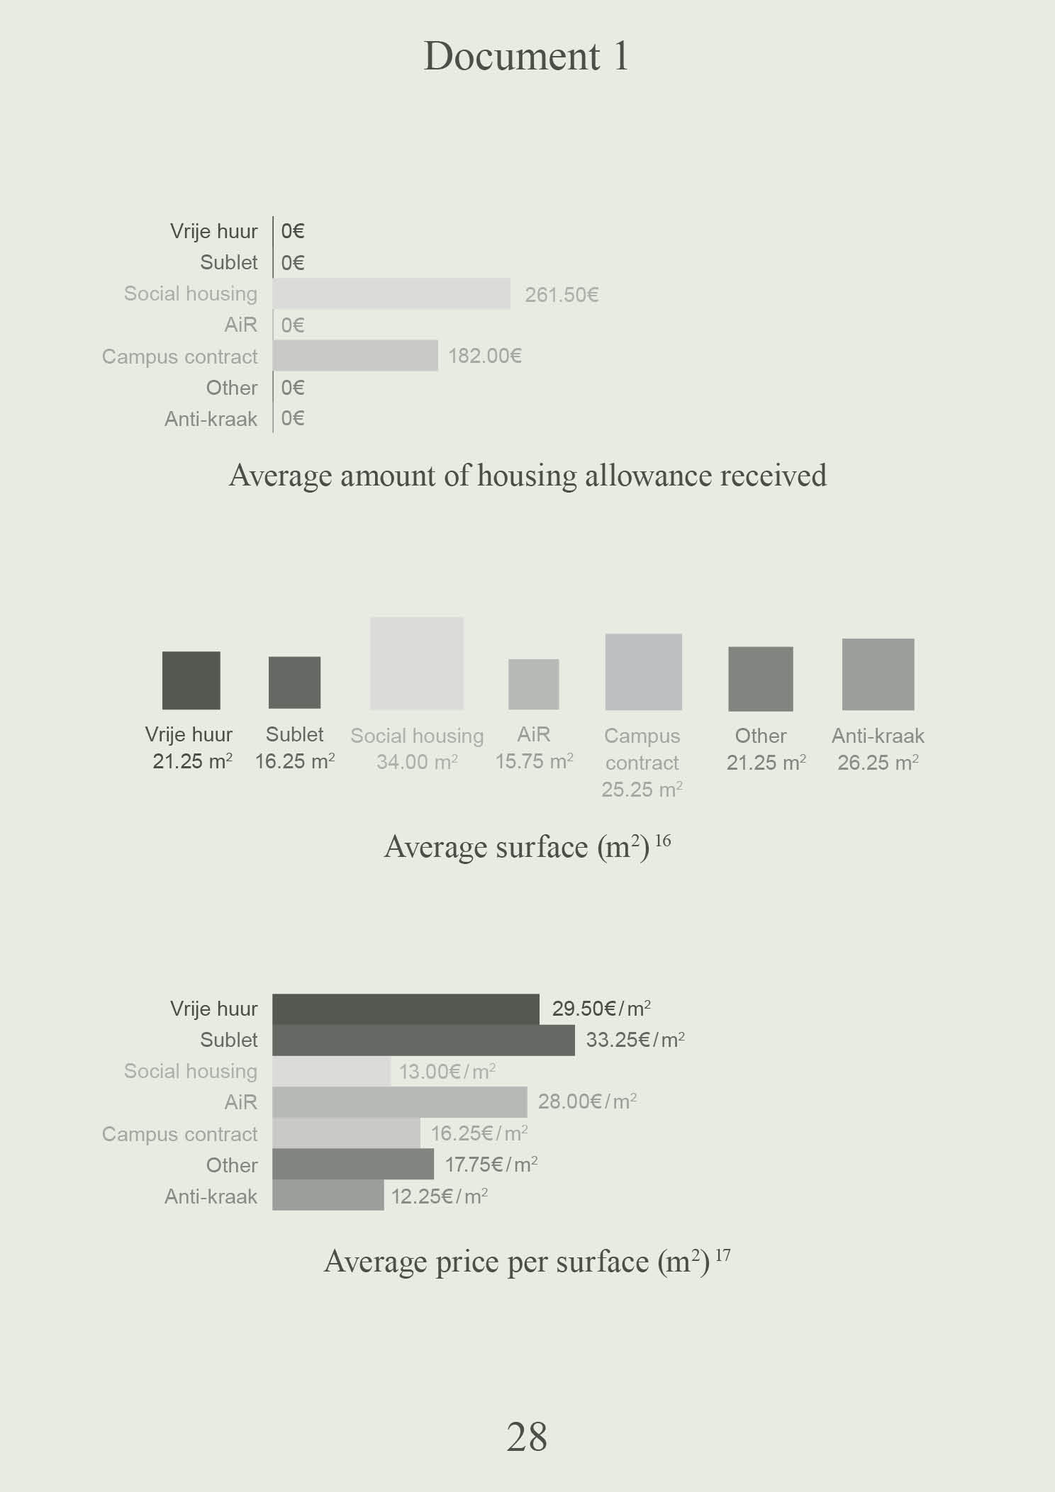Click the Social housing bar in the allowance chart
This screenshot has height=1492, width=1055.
[x=391, y=293]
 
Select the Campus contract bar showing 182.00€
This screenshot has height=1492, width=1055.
[x=355, y=356]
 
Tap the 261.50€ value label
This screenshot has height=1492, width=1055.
[x=562, y=295]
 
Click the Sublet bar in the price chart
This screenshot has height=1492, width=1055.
[x=423, y=1040]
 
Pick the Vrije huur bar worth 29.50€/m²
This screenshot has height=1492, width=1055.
[x=406, y=1009]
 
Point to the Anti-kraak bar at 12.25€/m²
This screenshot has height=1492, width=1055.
[x=328, y=1196]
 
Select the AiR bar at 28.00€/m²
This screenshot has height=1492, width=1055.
[x=399, y=1102]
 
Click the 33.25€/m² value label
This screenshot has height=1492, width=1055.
[x=635, y=1040]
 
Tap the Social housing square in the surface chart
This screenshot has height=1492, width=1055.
[x=417, y=663]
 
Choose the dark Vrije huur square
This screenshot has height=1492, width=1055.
[x=191, y=680]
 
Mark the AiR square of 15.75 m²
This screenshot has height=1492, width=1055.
[x=534, y=685]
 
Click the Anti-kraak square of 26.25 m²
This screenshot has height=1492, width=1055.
[x=878, y=674]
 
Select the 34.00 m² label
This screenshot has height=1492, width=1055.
[x=417, y=763]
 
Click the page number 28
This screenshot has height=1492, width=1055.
[x=527, y=1437]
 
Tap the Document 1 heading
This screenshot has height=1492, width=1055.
[x=526, y=56]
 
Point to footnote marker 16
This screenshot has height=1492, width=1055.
[x=663, y=841]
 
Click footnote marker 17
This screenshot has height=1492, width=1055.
[x=722, y=1255]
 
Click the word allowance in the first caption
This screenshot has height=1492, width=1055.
[x=643, y=476]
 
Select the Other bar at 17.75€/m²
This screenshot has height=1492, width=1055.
[x=353, y=1165]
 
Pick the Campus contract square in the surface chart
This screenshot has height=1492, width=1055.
[x=643, y=672]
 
